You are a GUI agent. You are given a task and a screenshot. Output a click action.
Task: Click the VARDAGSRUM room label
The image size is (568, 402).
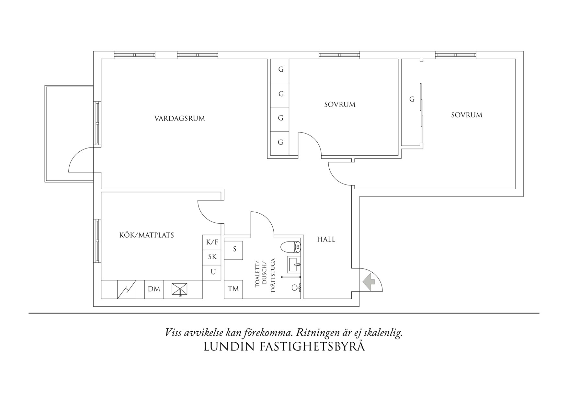click(x=179, y=118)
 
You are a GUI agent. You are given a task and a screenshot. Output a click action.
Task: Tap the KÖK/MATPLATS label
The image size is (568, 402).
click(x=146, y=235)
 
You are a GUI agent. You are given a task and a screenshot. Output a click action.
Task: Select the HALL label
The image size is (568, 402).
click(x=326, y=239)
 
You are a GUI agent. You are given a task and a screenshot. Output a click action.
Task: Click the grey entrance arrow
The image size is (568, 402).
click(x=368, y=281)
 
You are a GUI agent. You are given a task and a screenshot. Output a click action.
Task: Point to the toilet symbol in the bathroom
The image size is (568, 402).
click(x=290, y=247)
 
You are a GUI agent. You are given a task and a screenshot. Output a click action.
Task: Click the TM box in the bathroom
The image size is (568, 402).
click(x=233, y=289)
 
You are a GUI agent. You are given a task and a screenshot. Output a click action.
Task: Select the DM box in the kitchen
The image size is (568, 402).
click(x=154, y=289)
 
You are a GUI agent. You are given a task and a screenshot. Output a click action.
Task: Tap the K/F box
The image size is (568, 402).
click(x=212, y=242)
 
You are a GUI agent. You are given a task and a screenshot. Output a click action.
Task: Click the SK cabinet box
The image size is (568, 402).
click(x=212, y=257)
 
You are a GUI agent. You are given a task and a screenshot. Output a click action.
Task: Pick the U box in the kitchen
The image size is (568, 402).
click(x=213, y=272)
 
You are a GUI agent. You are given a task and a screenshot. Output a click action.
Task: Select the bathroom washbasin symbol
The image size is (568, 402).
click(x=294, y=265)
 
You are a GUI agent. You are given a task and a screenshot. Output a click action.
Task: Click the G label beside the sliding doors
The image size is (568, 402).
click(x=412, y=99)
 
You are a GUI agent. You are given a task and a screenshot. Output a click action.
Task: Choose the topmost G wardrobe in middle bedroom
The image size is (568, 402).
click(x=280, y=70)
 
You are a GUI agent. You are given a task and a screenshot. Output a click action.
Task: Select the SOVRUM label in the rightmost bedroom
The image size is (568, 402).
click(x=466, y=115)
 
